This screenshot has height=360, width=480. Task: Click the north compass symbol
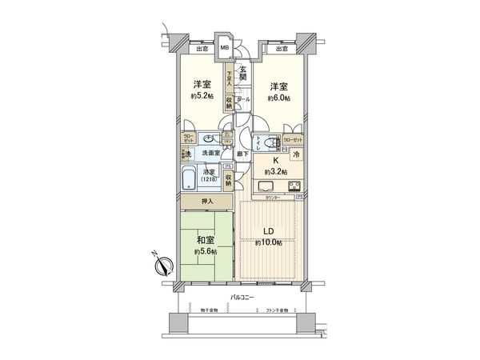[x=162, y=266]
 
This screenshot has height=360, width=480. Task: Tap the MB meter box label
[x=225, y=47]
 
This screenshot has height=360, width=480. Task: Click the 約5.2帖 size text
[x=202, y=96]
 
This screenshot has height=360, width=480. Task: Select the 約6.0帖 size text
[x=278, y=98]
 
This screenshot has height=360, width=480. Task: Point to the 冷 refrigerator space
[x=295, y=155]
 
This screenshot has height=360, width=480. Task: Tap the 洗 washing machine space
[x=185, y=152]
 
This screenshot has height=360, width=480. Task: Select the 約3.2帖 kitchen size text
[x=276, y=171]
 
